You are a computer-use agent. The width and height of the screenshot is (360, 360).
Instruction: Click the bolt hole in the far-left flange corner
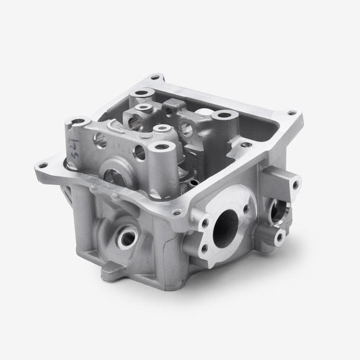46,161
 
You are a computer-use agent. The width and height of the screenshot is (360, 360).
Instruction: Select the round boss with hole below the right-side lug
278,234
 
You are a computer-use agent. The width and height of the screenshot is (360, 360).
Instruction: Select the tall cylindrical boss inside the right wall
221,117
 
